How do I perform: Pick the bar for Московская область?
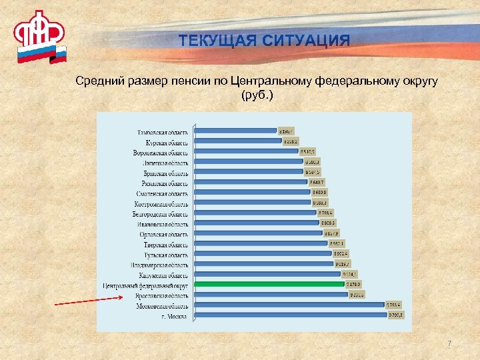tap(289, 306)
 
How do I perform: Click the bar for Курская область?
tap(237, 141)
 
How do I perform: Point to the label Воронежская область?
tap(160, 153)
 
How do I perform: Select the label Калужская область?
tap(164, 275)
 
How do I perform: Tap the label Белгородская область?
tap(160, 214)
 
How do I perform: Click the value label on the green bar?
tap(353, 285)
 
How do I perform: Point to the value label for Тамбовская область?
tap(286, 131)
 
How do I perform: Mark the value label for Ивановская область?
tap(327, 223)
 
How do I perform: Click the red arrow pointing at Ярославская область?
tap(87, 301)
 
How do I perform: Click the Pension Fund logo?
tap(40, 37)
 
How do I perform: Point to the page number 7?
tap(449, 343)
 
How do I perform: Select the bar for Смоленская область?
tap(252, 193)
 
